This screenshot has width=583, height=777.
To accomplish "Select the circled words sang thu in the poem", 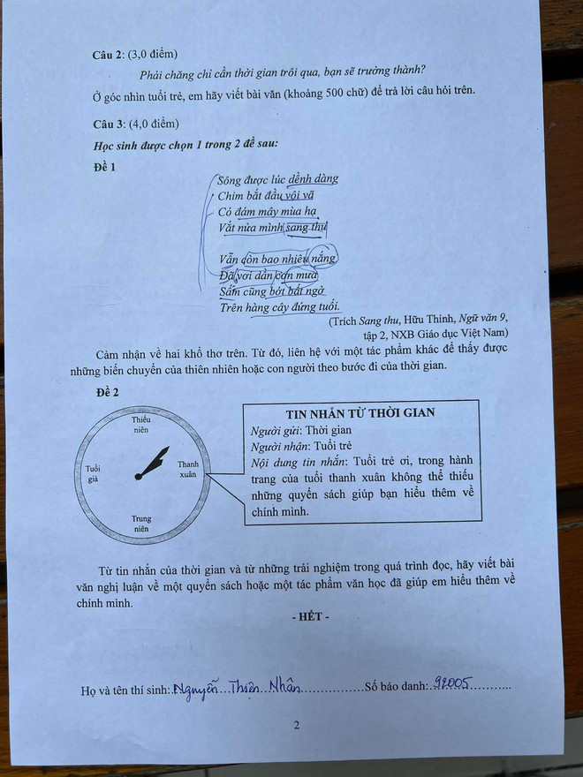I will (306, 228).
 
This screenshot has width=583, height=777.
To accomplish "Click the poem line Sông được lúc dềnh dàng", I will (277, 179).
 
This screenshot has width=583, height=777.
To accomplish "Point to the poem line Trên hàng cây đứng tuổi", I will (279, 306).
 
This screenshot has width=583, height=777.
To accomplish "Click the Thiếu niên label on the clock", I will (140, 424).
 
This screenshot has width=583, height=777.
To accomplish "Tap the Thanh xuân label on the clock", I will (187, 470).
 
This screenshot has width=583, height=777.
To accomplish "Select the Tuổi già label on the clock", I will (95, 473).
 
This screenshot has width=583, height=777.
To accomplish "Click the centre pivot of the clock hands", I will (140, 477).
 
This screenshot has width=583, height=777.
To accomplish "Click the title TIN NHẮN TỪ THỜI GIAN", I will (360, 412).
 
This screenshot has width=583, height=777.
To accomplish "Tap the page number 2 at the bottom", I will (297, 727).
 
